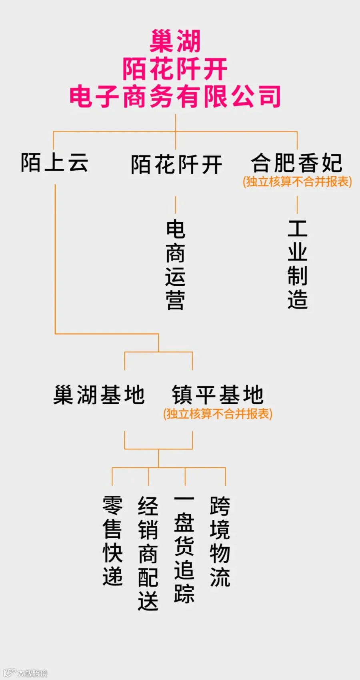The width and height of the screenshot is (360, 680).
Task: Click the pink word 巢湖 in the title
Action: click(175, 41)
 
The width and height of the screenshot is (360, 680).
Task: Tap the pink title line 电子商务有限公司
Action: click(175, 96)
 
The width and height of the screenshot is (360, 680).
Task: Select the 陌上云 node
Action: click(55, 162)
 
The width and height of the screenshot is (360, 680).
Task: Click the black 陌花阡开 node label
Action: click(176, 165)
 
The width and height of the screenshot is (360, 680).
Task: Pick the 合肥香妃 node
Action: click(297, 163)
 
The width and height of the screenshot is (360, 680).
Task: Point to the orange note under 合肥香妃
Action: click(298, 181)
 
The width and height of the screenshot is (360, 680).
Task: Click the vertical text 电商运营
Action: click(176, 265)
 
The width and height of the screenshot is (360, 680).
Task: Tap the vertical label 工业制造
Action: click(298, 264)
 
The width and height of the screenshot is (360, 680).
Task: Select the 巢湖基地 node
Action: click(99, 395)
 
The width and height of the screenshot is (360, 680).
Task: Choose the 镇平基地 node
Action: click(218, 395)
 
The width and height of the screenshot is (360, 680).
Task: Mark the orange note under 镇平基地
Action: click(218, 414)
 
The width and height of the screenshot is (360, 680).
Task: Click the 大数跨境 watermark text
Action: click(32, 673)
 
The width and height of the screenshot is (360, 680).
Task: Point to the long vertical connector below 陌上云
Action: click(55, 259)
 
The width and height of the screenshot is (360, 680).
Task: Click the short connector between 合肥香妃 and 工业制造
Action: click(297, 205)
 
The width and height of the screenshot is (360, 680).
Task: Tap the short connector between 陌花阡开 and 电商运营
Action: click(176, 205)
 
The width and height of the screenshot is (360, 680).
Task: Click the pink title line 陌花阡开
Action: click(175, 69)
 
